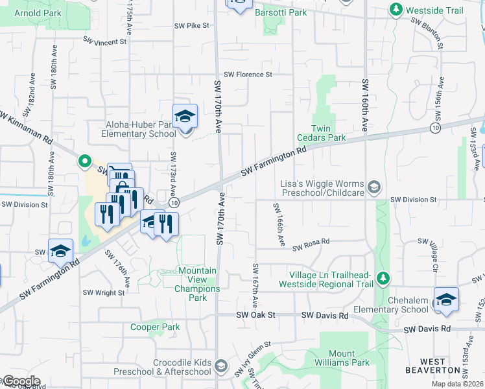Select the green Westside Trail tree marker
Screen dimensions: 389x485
tap(395, 10)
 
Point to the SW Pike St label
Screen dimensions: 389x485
tap(191, 26)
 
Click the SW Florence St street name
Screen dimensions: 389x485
tap(248, 75)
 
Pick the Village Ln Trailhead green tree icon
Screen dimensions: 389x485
tap(383, 278)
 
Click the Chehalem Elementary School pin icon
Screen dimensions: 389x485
tap(446, 300)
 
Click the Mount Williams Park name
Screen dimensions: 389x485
tap(337, 359)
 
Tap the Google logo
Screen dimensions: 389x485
tap(21, 381)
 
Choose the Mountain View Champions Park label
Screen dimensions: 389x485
tap(193, 284)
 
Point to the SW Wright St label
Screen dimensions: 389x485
tap(104, 293)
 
